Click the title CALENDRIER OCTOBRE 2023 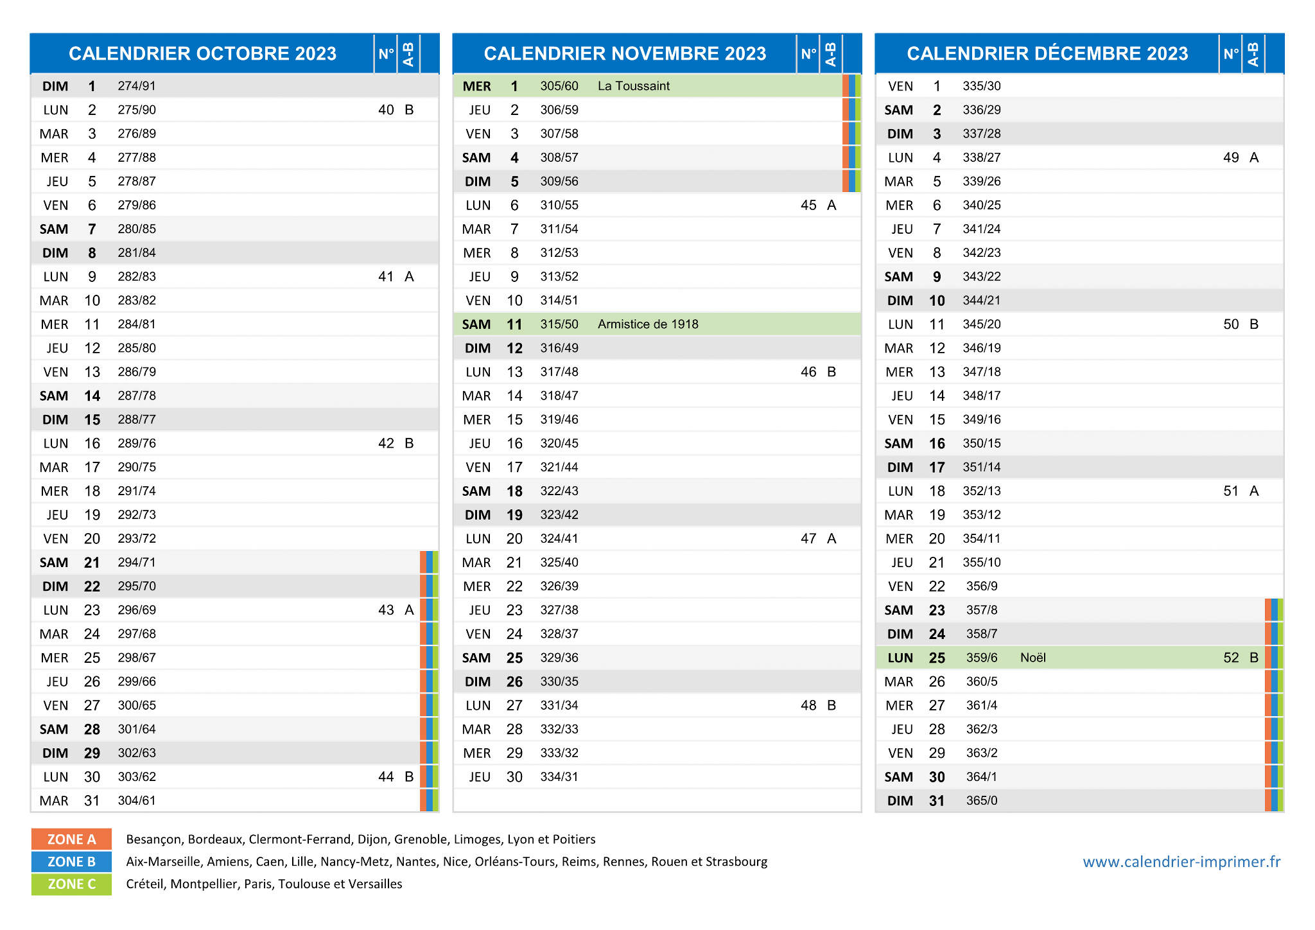coord(202,53)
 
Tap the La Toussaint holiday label coord(633,86)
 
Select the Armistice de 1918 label coord(648,324)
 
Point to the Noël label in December coord(1032,658)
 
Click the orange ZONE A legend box coord(71,839)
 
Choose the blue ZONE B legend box coord(71,862)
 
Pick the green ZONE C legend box coord(71,884)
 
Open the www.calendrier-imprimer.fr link coord(1181,862)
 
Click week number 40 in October coord(386,110)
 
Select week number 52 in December coord(1231,658)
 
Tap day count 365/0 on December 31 coord(982,801)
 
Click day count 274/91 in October coord(137,86)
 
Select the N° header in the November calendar coord(808,54)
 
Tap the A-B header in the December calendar coord(1253,54)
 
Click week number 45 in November coord(808,206)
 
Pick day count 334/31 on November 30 coord(559,777)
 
